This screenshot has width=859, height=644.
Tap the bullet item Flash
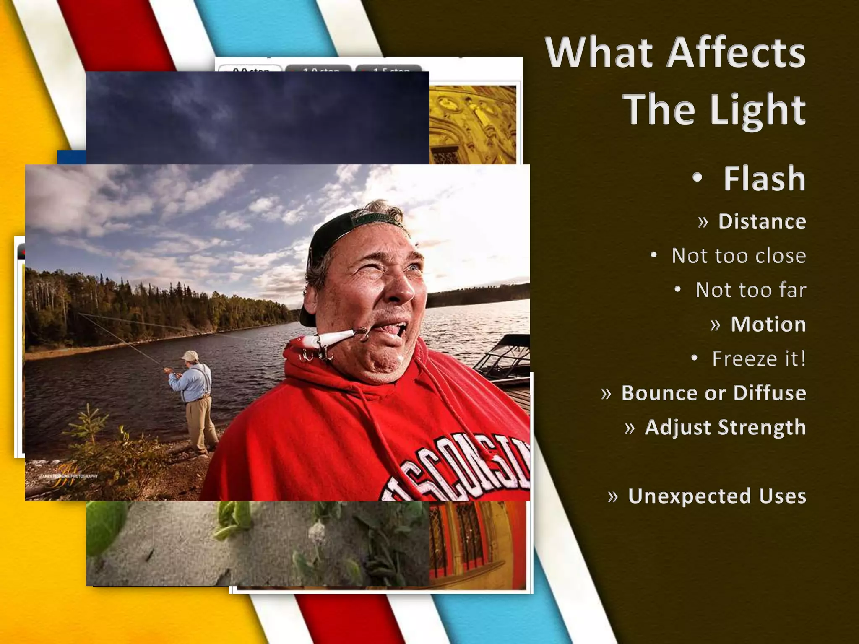coord(764,179)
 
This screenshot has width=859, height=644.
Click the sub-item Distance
coord(762,221)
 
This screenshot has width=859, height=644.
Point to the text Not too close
coord(738,256)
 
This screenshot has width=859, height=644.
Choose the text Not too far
coord(750,290)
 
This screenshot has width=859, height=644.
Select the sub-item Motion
coord(768,325)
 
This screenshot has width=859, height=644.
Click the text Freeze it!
coord(759,359)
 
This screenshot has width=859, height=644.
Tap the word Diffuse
coord(769,393)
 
